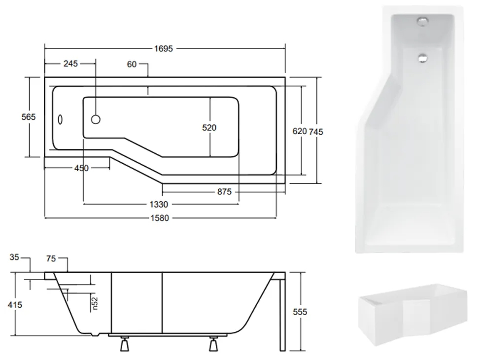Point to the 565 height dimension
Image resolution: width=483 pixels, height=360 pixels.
pyautogui.click(x=29, y=116)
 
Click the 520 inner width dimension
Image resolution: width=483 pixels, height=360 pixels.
pyautogui.click(x=209, y=128)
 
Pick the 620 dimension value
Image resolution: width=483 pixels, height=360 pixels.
pyautogui.click(x=300, y=131)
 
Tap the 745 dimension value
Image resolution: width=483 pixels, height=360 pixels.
pyautogui.click(x=316, y=131)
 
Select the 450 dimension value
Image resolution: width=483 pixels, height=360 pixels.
pyautogui.click(x=81, y=168)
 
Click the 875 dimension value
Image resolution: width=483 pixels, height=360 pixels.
pyautogui.click(x=224, y=192)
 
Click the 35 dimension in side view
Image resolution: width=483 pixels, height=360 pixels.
pyautogui.click(x=15, y=257)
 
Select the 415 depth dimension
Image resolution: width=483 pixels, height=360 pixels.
pyautogui.click(x=15, y=305)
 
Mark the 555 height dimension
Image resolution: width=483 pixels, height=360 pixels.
pyautogui.click(x=300, y=312)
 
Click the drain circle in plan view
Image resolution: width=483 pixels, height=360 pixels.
pyautogui.click(x=96, y=119)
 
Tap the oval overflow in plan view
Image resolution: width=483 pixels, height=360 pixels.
pyautogui.click(x=61, y=120)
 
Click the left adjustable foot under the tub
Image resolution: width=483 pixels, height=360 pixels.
pyautogui.click(x=124, y=346)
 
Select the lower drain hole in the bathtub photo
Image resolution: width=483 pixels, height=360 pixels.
pyautogui.click(x=422, y=57)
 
